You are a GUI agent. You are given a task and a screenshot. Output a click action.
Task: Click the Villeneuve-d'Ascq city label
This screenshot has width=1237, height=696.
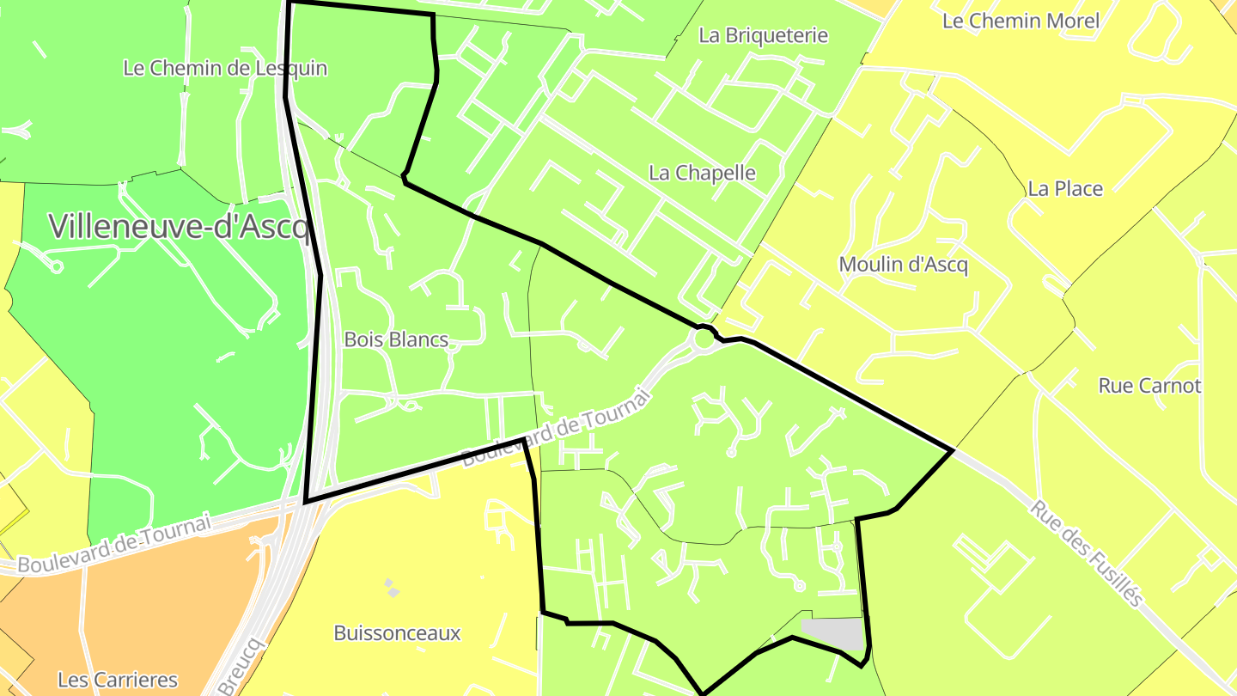(x=179, y=226)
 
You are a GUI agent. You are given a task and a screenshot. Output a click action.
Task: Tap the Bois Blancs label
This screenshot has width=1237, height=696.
(x=396, y=339)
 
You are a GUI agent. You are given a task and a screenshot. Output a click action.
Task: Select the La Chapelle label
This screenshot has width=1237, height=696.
(x=702, y=173)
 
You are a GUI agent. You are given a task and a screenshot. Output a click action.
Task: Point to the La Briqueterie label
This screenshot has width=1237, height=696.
(x=763, y=35)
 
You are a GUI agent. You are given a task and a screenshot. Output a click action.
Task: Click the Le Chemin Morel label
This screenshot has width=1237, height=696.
(x=1021, y=21)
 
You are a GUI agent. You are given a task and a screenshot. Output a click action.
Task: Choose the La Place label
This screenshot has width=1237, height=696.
(x=1065, y=188)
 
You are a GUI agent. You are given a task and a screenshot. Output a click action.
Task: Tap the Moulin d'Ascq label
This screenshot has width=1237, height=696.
(x=903, y=264)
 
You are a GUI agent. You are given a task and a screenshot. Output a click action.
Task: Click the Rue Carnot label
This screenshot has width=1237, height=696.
(x=1149, y=386)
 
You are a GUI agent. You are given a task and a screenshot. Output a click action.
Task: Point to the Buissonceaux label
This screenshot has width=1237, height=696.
(x=397, y=633)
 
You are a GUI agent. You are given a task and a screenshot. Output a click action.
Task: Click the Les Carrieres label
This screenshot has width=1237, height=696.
(x=118, y=680)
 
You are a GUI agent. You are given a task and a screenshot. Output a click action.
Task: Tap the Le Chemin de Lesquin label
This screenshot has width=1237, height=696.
(x=225, y=68)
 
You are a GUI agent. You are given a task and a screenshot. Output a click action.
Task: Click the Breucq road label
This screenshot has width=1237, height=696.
(x=243, y=667)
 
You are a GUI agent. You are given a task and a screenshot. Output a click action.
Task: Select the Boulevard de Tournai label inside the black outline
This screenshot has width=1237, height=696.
(x=557, y=426)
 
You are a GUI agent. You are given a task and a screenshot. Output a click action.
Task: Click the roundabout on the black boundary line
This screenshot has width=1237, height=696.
(x=704, y=338)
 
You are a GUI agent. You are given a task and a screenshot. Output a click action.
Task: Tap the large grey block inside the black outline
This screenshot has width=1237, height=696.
(x=832, y=634)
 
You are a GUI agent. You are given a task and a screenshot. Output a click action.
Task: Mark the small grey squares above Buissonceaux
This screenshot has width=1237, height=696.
(x=391, y=588)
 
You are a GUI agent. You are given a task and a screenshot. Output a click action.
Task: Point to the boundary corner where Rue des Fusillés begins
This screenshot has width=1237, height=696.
(x=953, y=449)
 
